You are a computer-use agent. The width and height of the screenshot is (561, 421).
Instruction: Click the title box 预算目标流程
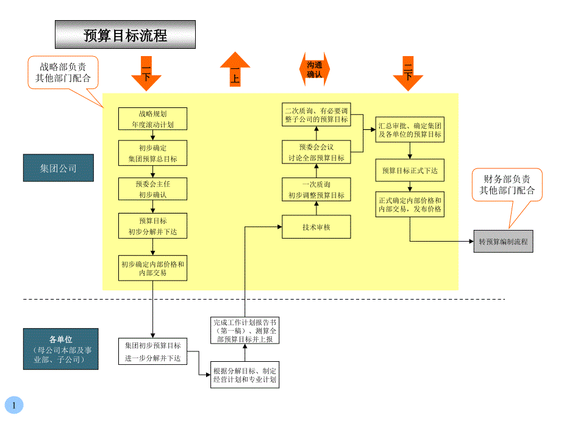coord(125,35)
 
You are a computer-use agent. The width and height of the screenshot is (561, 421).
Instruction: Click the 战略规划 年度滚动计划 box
coord(152,119)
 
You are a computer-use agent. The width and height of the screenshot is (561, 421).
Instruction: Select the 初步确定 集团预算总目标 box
coord(152,153)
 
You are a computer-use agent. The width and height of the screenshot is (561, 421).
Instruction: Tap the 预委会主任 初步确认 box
coord(152,189)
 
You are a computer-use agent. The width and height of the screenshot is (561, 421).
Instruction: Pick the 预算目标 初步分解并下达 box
coord(152,226)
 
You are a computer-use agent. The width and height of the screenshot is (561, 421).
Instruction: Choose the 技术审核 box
coord(316,227)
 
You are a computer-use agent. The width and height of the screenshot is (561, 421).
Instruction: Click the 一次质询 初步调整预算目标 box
coord(316,190)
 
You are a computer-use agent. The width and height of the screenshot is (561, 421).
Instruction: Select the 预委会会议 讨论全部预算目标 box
coord(316,153)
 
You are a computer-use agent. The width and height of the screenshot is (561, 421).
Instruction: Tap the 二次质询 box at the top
coord(316,115)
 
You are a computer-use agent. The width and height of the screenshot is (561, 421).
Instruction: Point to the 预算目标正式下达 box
coord(410,170)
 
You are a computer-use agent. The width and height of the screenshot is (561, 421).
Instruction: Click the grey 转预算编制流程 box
coord(503,242)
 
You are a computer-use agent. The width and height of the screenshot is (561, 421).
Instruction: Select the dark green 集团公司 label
coord(59,168)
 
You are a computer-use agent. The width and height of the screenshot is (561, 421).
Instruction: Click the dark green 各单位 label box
coord(60,349)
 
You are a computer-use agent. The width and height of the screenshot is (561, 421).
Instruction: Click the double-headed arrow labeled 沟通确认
coord(315,69)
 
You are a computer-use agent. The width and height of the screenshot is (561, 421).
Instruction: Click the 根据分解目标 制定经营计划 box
coord(245,375)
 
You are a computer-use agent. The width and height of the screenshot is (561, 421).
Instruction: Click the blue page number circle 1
coord(13,405)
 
